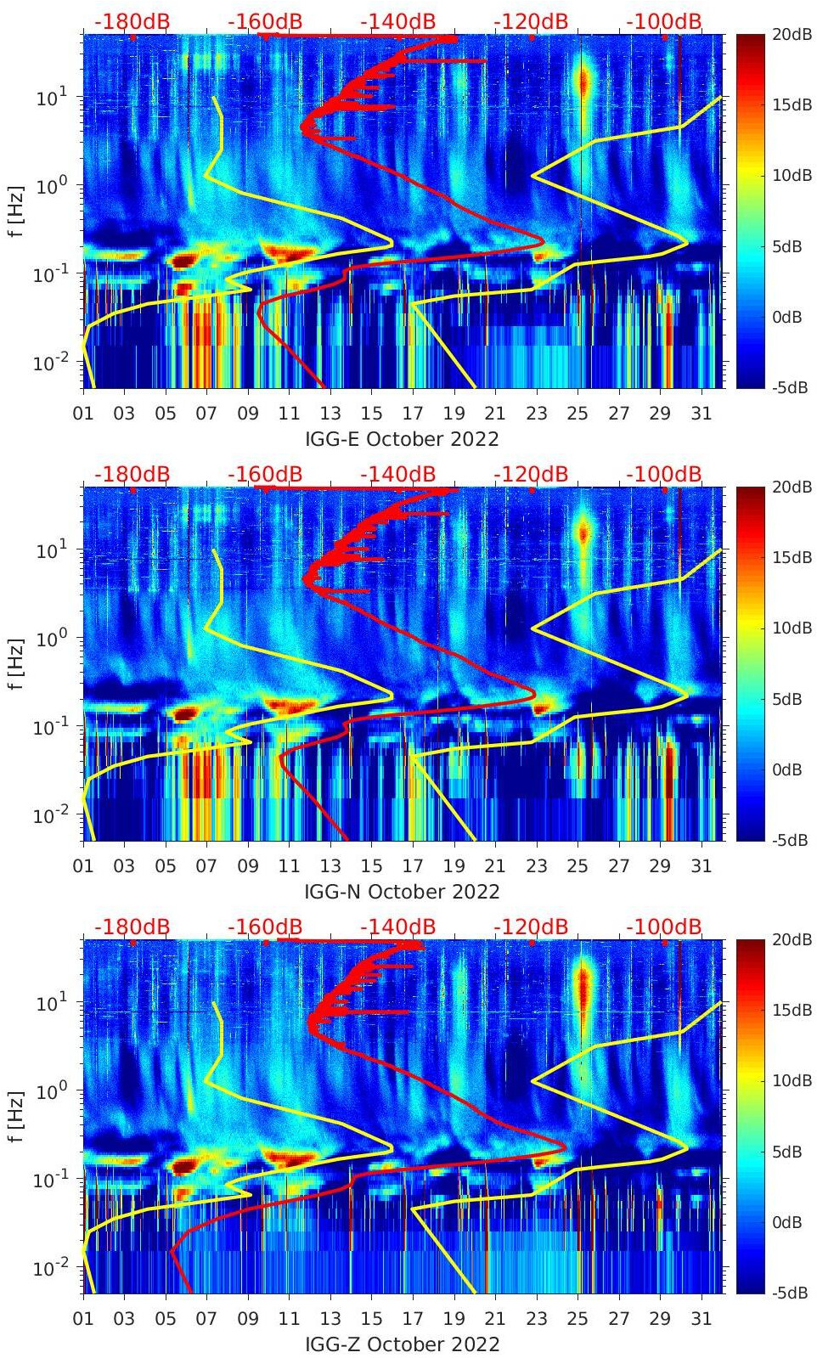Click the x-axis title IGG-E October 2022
[402, 439]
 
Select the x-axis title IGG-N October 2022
[402, 892]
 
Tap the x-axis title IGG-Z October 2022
[402, 1344]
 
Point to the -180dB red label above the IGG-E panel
[132, 21]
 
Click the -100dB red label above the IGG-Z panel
[664, 927]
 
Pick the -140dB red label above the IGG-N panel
[397, 474]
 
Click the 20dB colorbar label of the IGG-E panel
[786, 34]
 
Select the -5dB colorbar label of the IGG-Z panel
[786, 1293]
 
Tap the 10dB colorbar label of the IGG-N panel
[786, 628]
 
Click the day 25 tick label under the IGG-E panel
[578, 414]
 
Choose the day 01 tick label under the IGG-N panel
[83, 866]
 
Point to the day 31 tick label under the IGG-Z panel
[701, 1319]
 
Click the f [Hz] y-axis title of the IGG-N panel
[16, 664]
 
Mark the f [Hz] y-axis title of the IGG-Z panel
[16, 1117]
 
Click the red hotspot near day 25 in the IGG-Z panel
[583, 989]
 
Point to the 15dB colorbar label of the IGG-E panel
[786, 104]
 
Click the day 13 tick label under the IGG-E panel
[330, 414]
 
